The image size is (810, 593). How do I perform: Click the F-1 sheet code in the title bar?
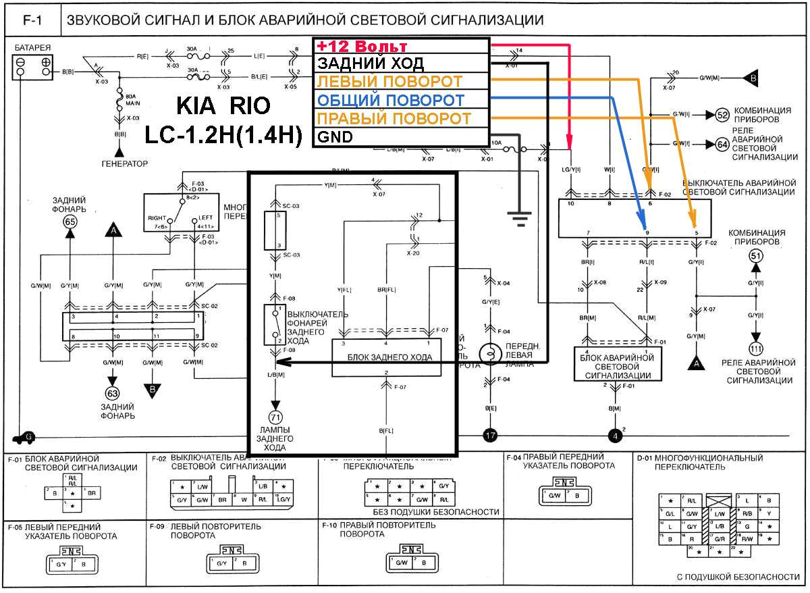tap(32, 21)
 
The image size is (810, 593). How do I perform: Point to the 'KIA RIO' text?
tap(223, 107)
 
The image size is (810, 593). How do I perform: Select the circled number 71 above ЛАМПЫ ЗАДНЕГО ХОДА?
tap(275, 417)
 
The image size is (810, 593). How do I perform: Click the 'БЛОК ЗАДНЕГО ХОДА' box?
tap(386, 357)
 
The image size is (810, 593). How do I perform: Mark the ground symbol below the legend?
tap(519, 217)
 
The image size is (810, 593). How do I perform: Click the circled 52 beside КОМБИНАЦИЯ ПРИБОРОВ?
tap(722, 115)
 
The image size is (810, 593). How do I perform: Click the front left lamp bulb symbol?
tap(487, 353)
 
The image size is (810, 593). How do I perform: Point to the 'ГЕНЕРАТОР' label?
tap(124, 163)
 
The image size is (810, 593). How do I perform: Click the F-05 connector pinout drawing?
tap(71, 562)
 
